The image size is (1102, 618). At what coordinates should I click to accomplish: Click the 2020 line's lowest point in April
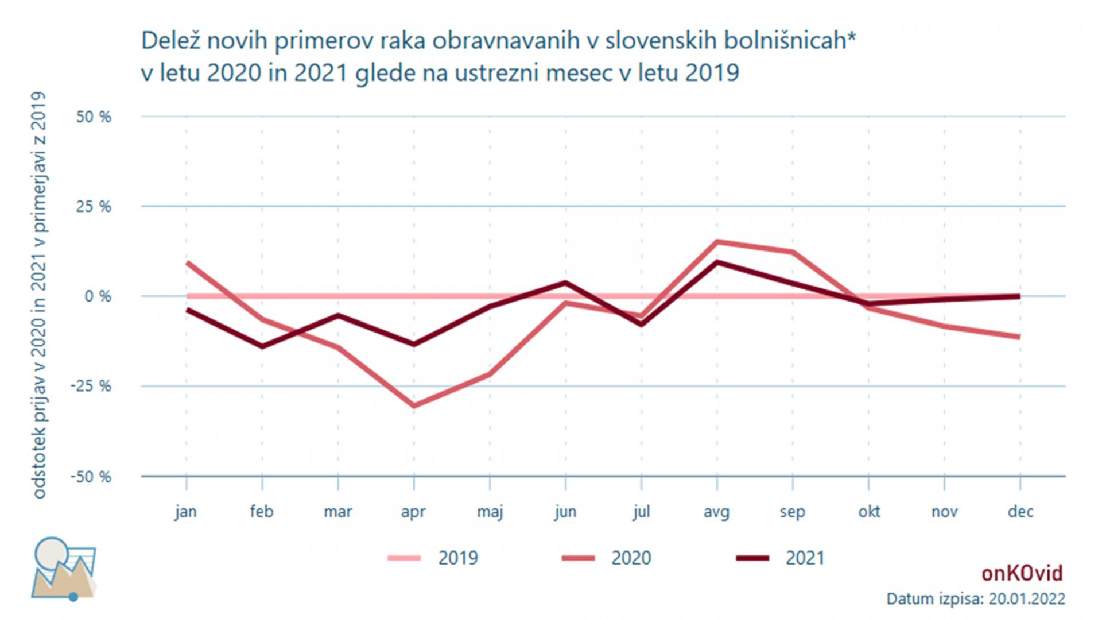click(414, 406)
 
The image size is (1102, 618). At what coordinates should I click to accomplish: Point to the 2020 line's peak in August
click(717, 242)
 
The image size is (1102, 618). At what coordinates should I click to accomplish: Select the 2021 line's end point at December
click(1019, 296)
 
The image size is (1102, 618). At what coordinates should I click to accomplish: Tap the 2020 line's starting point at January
click(187, 262)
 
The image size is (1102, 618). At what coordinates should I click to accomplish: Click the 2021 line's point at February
click(262, 346)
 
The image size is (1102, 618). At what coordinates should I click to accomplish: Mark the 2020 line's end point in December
click(1019, 337)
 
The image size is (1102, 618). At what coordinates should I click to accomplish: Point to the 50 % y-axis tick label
click(94, 117)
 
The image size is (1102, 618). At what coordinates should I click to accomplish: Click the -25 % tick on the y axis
click(91, 386)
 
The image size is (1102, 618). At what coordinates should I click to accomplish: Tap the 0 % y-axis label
click(98, 296)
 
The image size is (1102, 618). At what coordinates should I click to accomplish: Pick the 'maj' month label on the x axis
click(490, 511)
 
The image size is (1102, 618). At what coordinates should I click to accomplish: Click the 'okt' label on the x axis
click(869, 511)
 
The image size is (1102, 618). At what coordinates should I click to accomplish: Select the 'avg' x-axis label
click(717, 511)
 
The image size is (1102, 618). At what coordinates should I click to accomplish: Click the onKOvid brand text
click(1022, 573)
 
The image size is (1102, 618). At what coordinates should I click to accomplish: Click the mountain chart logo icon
click(64, 569)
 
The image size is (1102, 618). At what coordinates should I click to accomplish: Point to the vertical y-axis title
click(38, 295)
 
